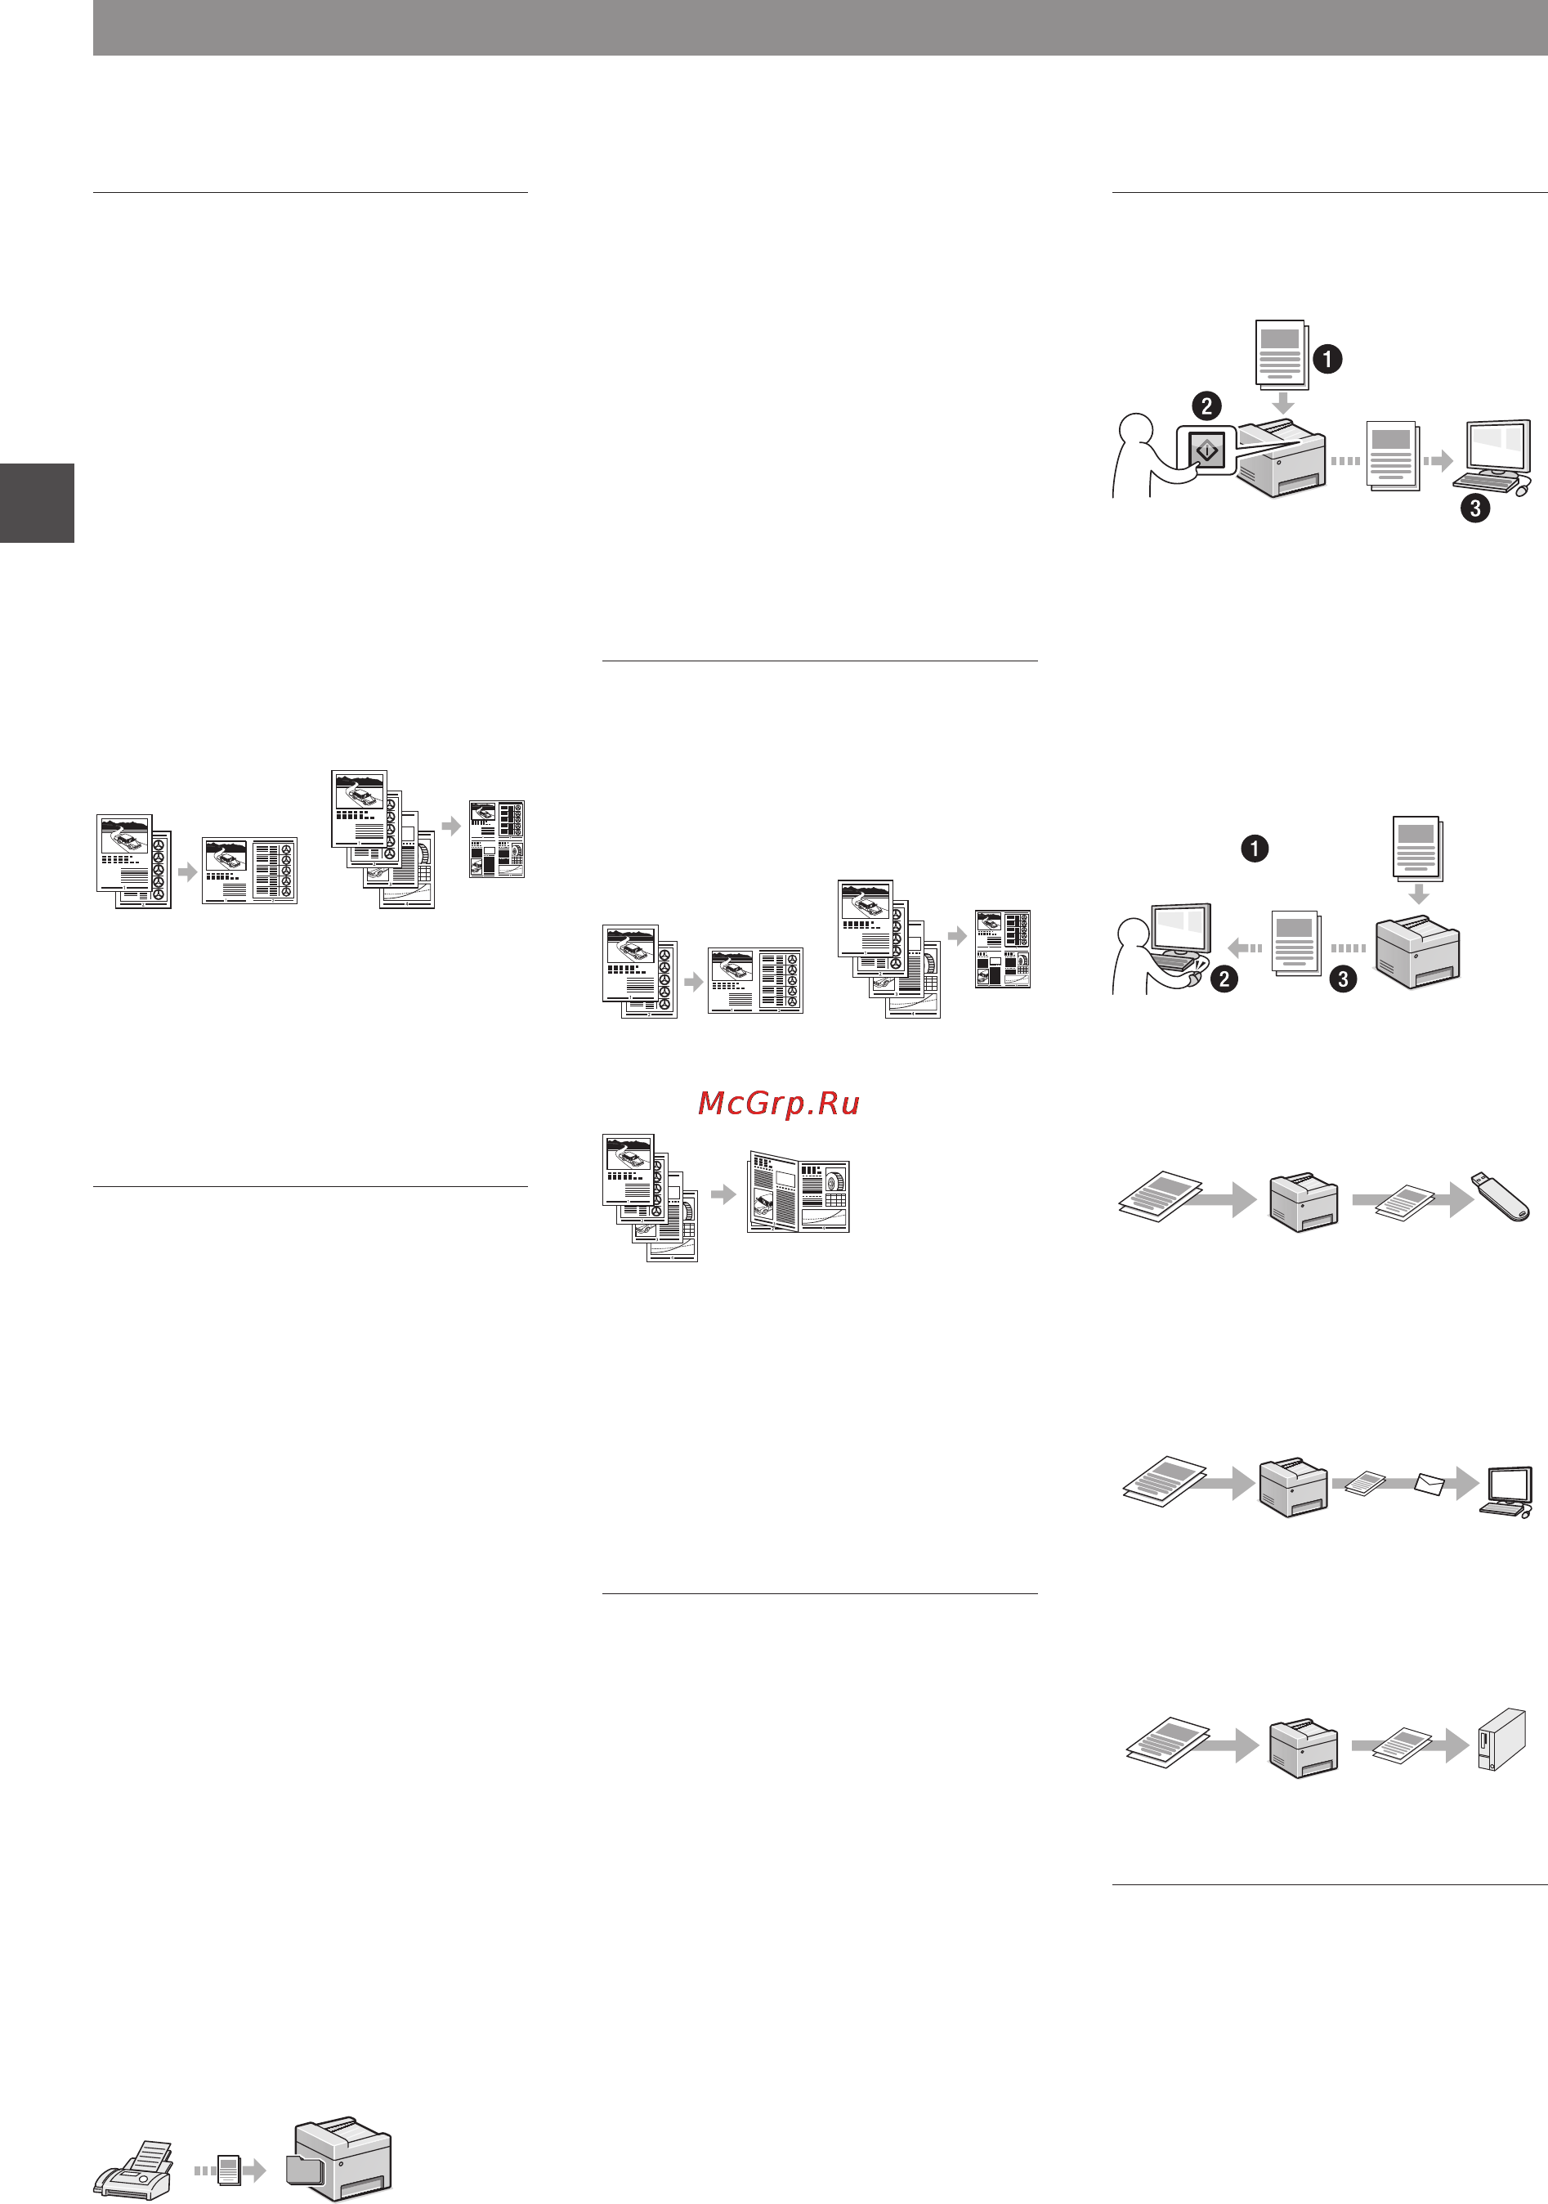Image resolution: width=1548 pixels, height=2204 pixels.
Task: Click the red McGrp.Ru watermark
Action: pyautogui.click(x=778, y=1103)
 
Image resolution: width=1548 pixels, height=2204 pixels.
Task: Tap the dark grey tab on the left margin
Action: pyautogui.click(x=37, y=503)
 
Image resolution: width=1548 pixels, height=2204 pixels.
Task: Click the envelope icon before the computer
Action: pyautogui.click(x=1430, y=1484)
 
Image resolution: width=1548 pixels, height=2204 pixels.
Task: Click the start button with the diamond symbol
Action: pyautogui.click(x=1206, y=450)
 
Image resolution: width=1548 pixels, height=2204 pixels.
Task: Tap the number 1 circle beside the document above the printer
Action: pyautogui.click(x=1327, y=359)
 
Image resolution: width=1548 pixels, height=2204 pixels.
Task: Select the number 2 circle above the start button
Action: pyautogui.click(x=1206, y=405)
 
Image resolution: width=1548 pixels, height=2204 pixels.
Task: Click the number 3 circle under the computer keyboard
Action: pyautogui.click(x=1475, y=508)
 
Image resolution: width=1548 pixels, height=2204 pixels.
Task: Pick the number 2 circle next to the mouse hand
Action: pyautogui.click(x=1224, y=979)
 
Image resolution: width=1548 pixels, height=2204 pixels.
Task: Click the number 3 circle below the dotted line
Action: pyautogui.click(x=1343, y=979)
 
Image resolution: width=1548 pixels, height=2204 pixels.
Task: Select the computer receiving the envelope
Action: pyautogui.click(x=1507, y=1492)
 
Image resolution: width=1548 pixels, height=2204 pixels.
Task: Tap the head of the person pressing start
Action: pyautogui.click(x=1136, y=429)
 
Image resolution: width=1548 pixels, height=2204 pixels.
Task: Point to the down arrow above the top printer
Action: pyautogui.click(x=1282, y=402)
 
